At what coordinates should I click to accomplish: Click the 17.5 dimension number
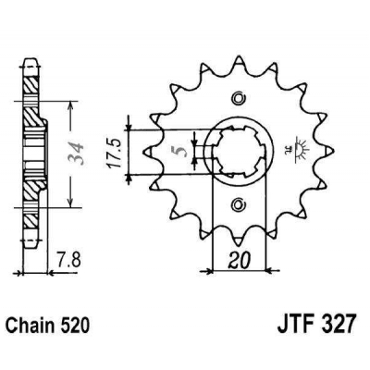point(117,150)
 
